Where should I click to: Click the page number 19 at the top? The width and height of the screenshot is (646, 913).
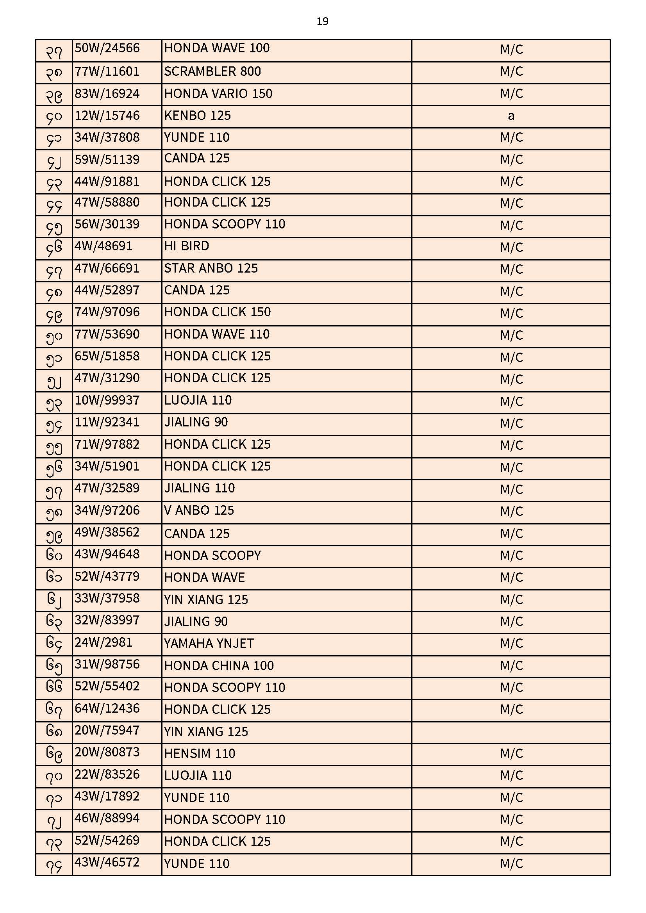point(322,21)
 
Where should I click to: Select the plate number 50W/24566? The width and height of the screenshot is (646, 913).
point(107,48)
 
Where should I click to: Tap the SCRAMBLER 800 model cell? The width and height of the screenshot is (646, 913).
point(212,71)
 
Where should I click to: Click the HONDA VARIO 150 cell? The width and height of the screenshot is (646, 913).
point(218,94)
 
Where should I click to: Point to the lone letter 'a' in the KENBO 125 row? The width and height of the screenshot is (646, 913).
point(511,116)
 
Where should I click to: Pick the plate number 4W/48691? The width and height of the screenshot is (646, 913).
point(104,246)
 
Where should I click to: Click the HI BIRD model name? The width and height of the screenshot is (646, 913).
point(187,246)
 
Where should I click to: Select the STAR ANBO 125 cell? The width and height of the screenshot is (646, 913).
point(211,268)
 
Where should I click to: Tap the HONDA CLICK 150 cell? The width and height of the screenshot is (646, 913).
point(217,312)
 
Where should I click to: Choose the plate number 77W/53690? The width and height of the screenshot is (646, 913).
point(107,334)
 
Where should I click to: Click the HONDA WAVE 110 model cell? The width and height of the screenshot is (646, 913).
point(217,334)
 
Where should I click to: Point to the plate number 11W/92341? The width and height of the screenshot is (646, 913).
point(107,422)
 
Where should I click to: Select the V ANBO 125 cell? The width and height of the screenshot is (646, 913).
point(199,510)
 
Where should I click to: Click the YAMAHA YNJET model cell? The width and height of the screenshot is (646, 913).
point(209,644)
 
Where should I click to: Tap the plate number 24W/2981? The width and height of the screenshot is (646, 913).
point(104,643)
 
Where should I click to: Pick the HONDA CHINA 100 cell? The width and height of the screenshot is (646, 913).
point(219,666)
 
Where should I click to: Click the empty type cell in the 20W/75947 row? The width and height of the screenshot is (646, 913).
point(511,732)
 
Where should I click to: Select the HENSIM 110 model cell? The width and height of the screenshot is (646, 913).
point(200,754)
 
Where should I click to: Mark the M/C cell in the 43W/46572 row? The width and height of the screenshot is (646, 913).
point(511,864)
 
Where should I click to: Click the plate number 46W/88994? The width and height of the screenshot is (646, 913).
point(107,818)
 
